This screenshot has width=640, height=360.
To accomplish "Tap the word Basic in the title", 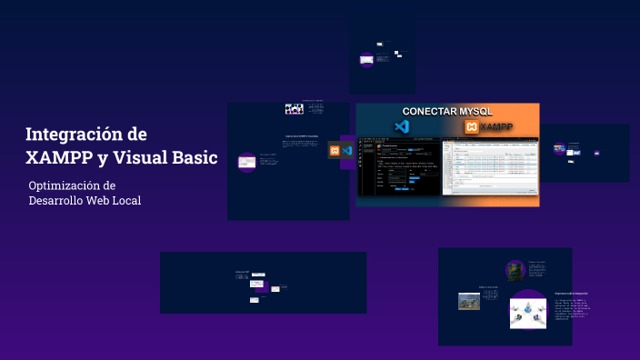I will click(190, 156).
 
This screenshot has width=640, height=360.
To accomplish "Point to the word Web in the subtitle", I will click(103, 200).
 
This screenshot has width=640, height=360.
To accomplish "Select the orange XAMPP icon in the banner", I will click(471, 127).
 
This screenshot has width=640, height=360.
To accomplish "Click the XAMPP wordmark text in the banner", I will click(498, 127).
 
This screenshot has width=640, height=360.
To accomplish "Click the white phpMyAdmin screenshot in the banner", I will click(489, 168).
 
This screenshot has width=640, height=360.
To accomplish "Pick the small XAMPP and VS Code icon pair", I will click(341, 150).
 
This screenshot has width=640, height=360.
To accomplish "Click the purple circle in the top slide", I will click(366, 60).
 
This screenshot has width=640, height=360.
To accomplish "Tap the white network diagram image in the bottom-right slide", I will click(527, 311).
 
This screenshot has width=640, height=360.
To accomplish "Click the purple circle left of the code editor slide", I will click(246, 163).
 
